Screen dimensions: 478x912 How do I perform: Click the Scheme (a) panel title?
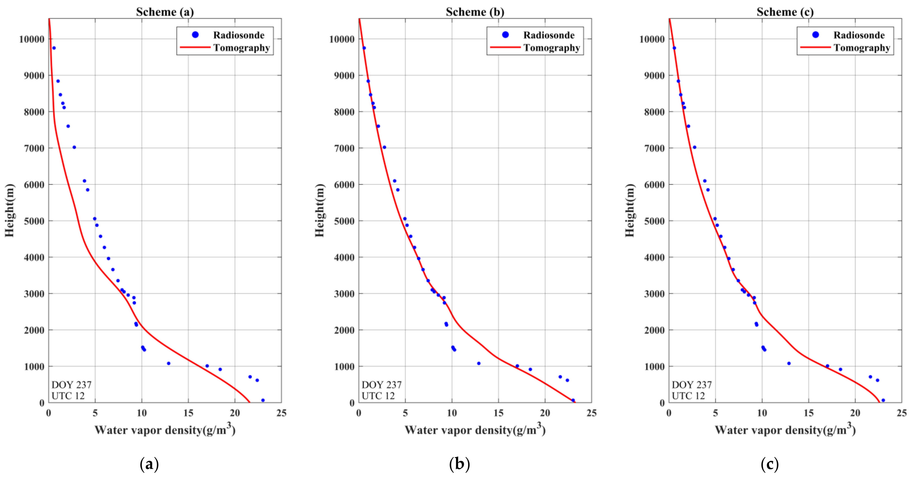[x=165, y=12]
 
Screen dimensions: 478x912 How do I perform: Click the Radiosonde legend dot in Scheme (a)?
[x=195, y=35]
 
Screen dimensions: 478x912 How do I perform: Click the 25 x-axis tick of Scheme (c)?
[x=901, y=413]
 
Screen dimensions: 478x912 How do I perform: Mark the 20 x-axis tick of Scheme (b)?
[x=545, y=413]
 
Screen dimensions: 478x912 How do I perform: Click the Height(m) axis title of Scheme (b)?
[x=320, y=210]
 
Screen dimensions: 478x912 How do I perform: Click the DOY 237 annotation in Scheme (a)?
[x=71, y=385]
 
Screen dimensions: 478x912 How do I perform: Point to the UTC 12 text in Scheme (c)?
[x=688, y=396]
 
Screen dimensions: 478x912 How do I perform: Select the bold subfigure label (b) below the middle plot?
[x=459, y=464]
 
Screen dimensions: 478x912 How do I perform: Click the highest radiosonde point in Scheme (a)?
[x=54, y=48]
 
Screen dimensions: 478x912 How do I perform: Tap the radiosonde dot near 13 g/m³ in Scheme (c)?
[x=789, y=363]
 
